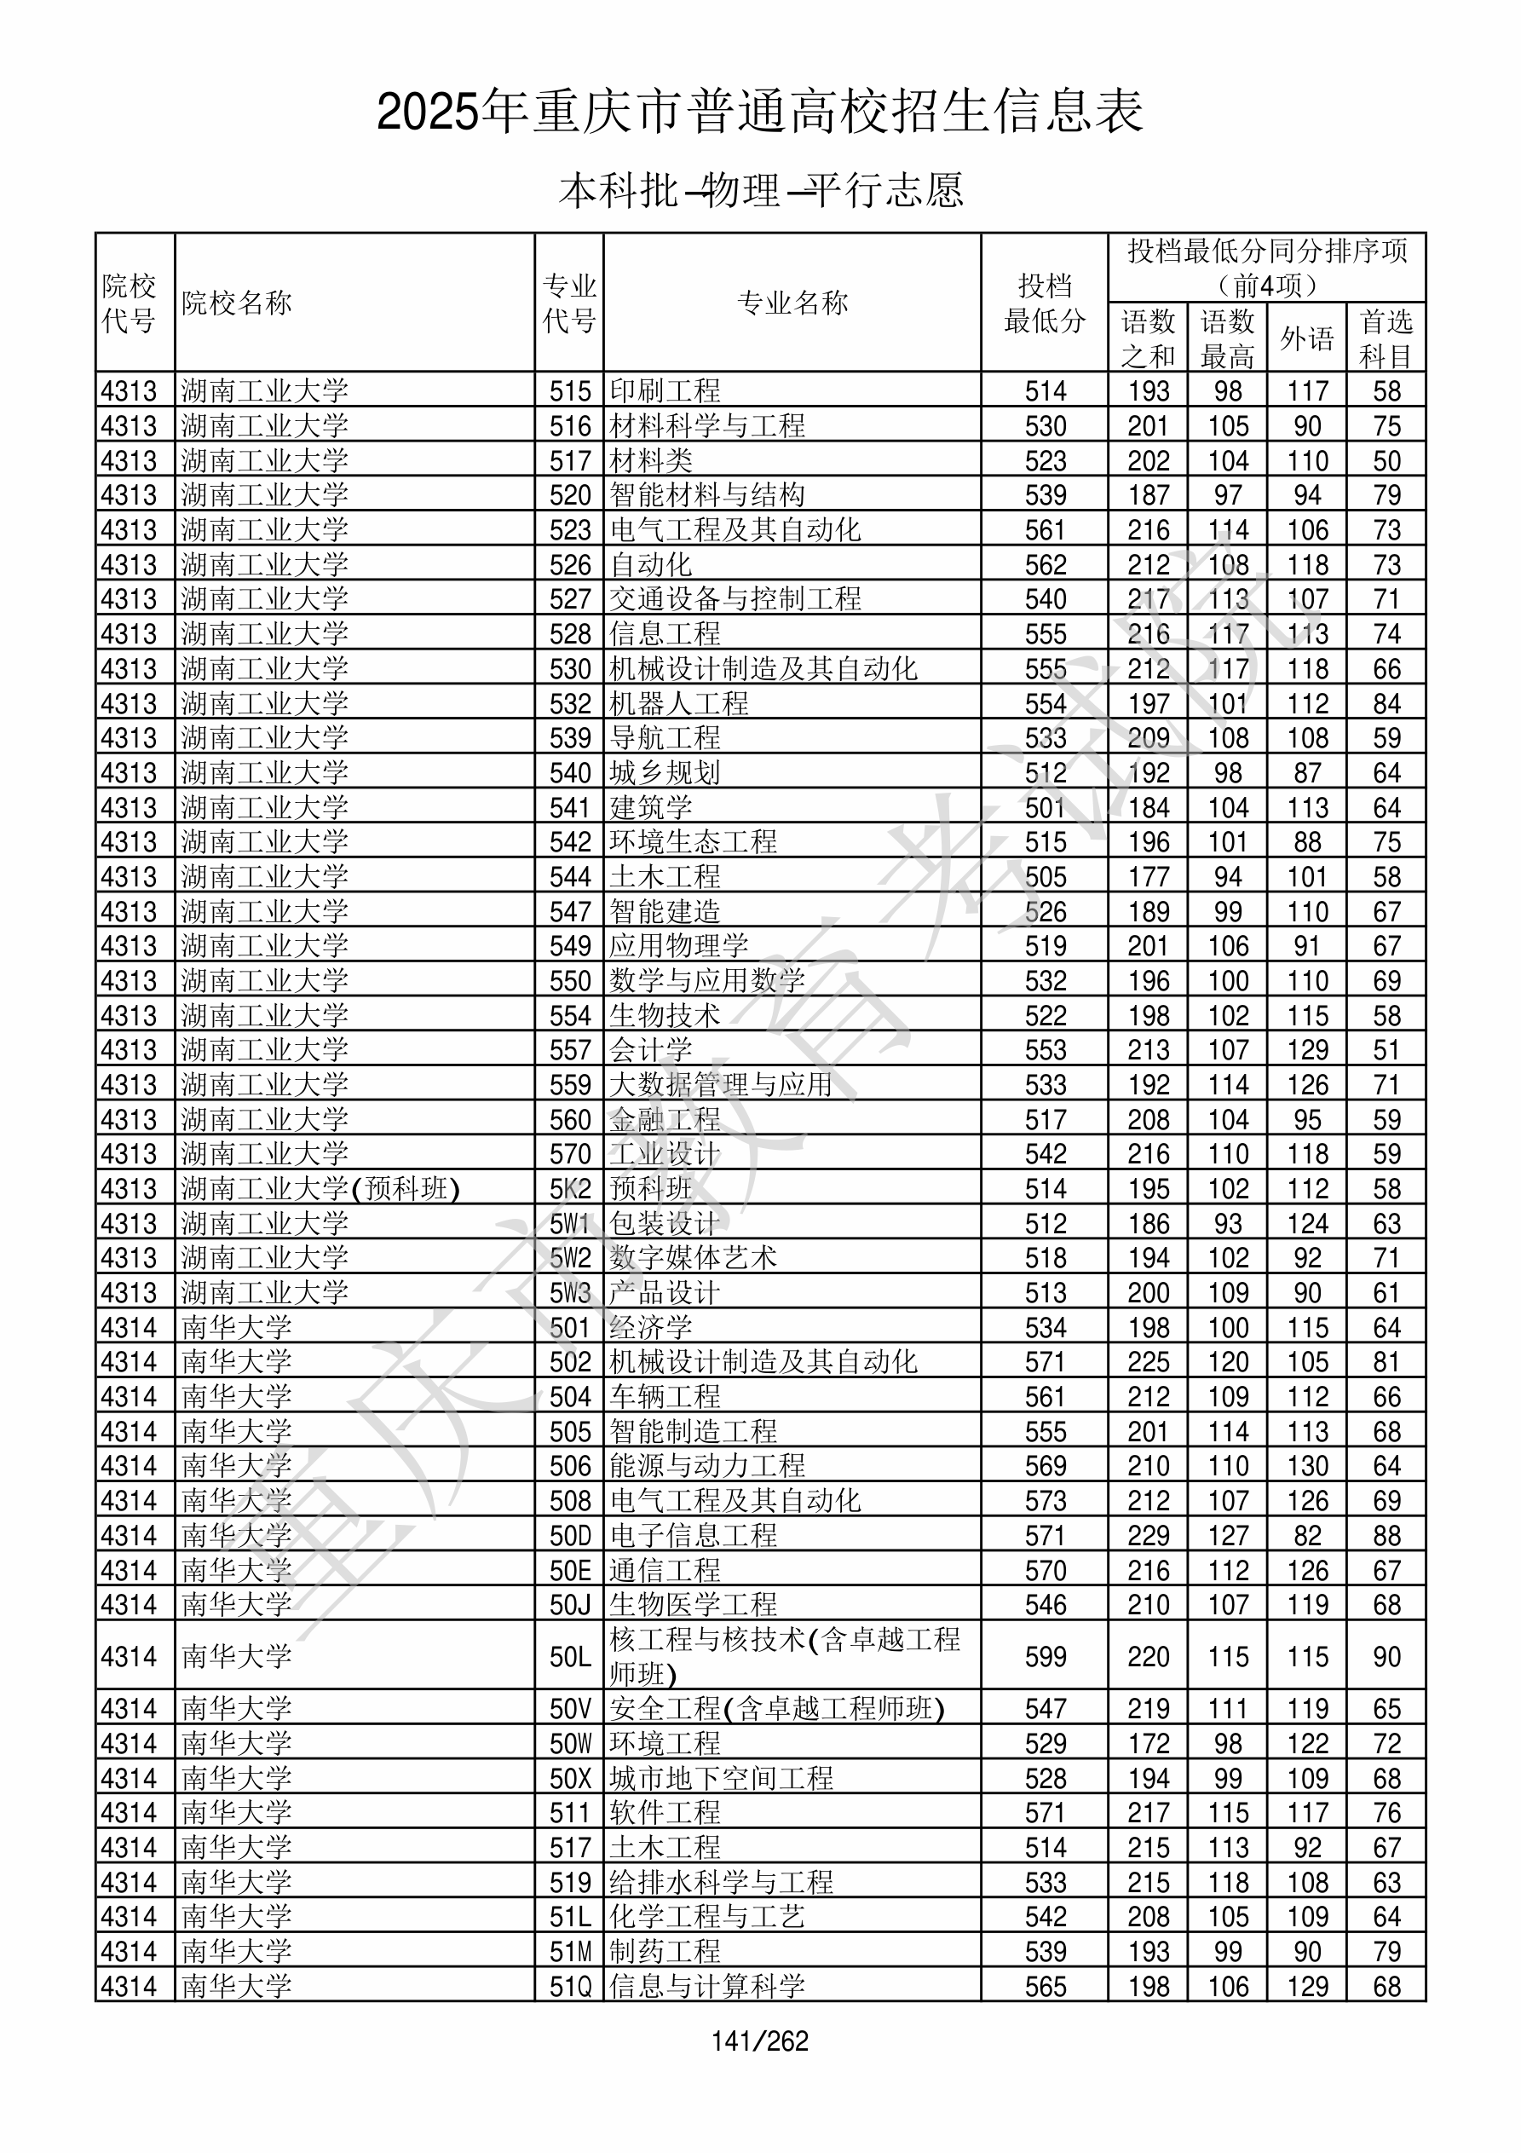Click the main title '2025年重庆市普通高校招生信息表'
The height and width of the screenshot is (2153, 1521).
click(x=759, y=113)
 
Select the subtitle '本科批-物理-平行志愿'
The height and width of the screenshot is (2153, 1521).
click(x=760, y=190)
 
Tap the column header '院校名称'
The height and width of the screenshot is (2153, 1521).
click(x=237, y=303)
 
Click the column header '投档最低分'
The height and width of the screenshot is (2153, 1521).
click(x=1044, y=303)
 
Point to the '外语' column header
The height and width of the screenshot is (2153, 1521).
click(x=1306, y=338)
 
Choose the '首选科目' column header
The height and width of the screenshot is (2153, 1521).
click(x=1386, y=338)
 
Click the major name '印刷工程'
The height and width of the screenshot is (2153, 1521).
click(x=665, y=390)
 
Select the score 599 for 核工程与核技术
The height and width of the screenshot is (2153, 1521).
click(x=1045, y=1657)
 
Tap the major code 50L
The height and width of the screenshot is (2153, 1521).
click(x=570, y=1657)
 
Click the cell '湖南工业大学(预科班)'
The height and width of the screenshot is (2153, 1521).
click(x=320, y=1189)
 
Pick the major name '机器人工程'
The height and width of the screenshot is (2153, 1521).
click(x=679, y=703)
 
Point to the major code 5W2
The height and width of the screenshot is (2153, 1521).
click(x=570, y=1258)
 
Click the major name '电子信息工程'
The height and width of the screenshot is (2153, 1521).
click(x=693, y=1536)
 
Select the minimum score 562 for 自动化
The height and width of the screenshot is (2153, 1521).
click(x=1045, y=564)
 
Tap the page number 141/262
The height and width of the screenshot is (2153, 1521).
click(x=759, y=2041)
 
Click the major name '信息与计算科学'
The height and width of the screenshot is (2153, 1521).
click(x=707, y=1986)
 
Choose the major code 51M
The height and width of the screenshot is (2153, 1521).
click(x=570, y=1951)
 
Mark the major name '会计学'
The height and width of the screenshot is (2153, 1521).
click(x=651, y=1050)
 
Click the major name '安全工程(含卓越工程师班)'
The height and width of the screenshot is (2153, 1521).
click(x=776, y=1710)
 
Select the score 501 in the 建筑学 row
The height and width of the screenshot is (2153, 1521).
click(x=1045, y=807)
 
